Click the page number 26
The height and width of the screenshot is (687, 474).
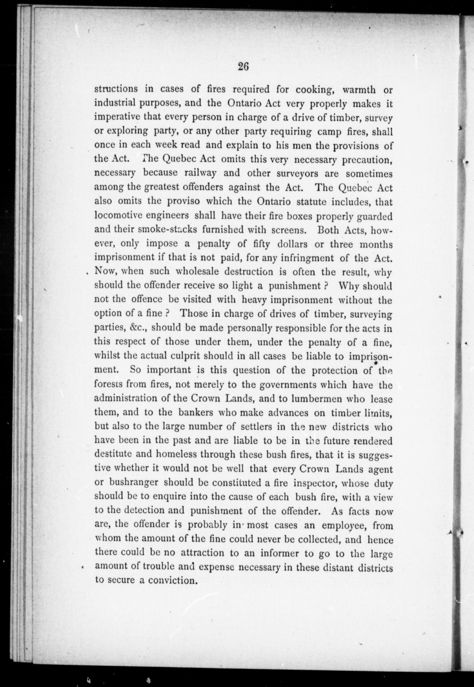pos(243,67)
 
